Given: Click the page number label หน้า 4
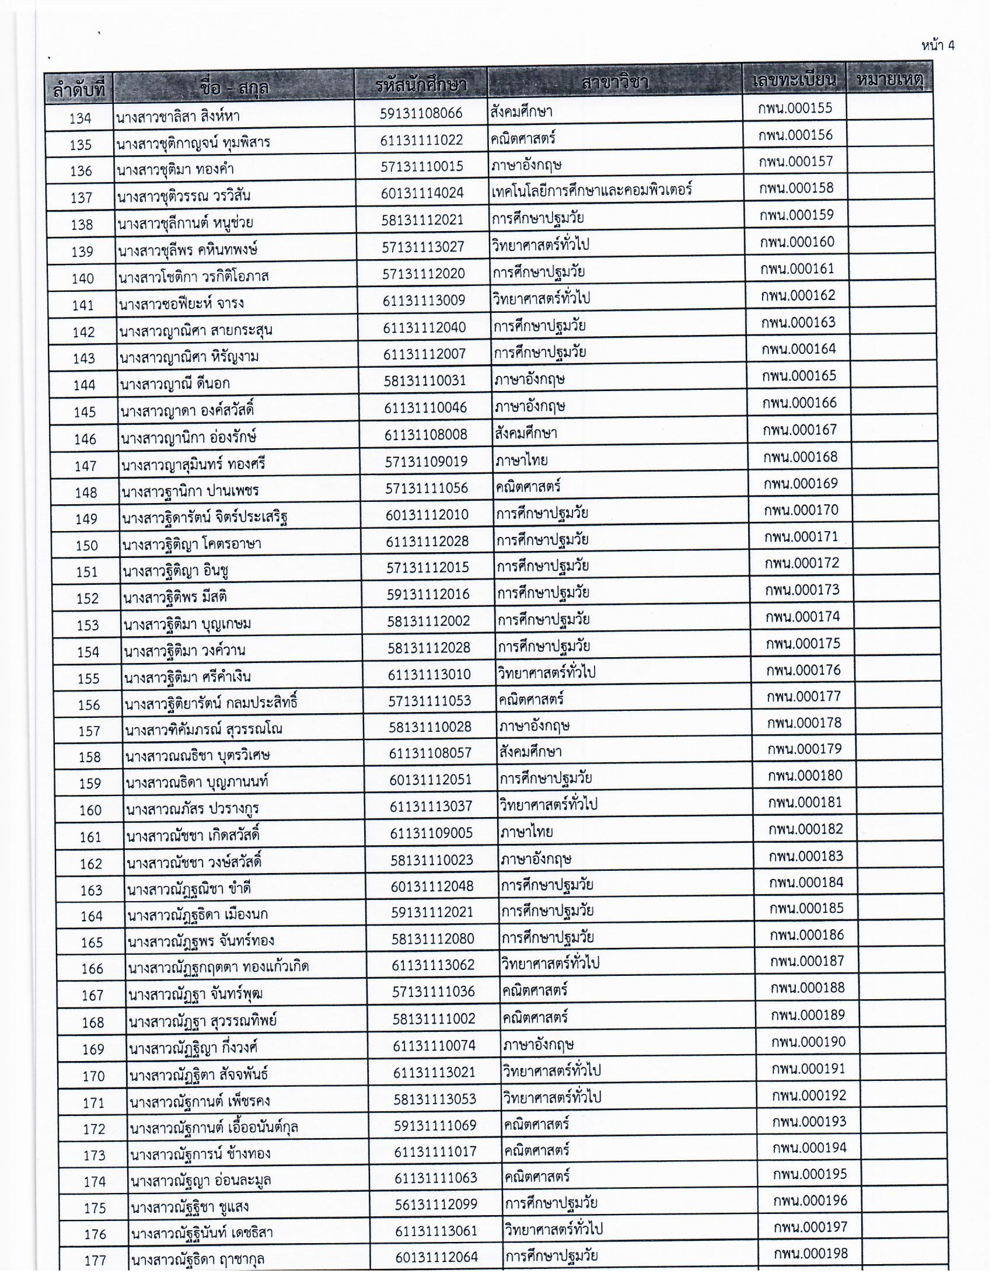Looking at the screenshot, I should point(938,46).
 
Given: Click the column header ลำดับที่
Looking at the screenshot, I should point(79,90).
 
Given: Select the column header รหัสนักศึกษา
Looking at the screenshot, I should point(421,86).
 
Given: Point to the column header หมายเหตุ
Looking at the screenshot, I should point(890,79).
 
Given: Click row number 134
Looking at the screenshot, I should point(80,118).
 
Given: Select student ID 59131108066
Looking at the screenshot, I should point(421,113).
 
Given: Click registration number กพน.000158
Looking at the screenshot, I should point(796,189).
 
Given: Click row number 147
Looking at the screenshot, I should point(85,466).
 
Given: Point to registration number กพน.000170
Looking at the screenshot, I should point(801,510).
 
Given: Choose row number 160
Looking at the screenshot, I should point(90,811).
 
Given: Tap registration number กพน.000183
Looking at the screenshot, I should point(806,856).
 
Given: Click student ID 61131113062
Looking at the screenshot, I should point(433,965).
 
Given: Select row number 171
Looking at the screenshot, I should point(93,1104).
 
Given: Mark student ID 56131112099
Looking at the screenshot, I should point(435,1205).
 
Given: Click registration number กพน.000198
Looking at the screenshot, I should point(811,1254).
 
